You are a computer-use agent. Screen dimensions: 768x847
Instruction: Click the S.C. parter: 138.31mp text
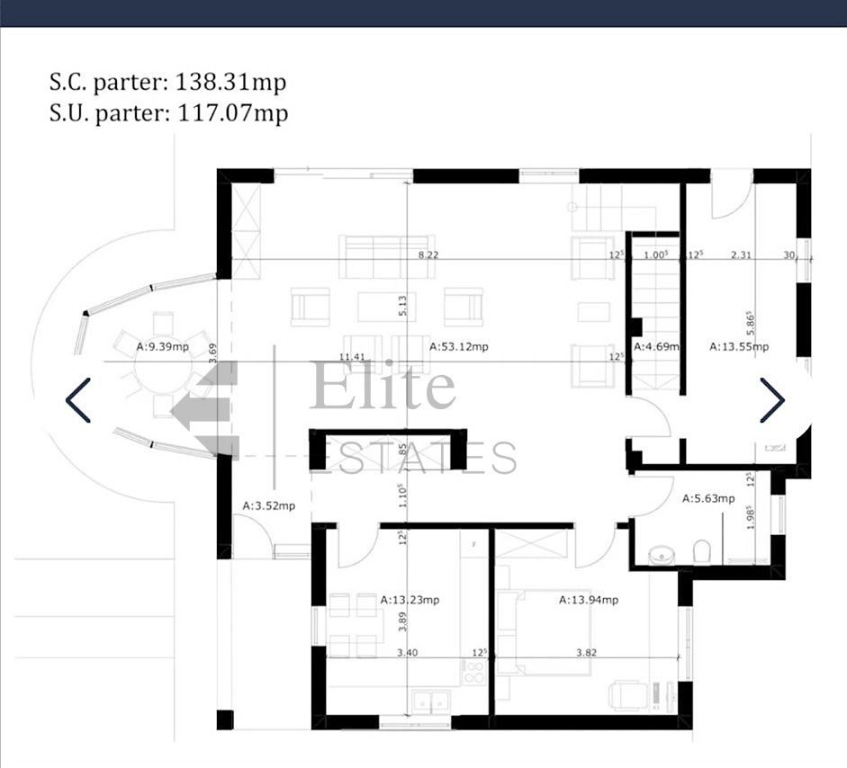tap(167, 83)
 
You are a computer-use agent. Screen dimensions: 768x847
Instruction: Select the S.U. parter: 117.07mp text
tap(168, 113)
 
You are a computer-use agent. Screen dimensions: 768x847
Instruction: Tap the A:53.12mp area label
tap(458, 346)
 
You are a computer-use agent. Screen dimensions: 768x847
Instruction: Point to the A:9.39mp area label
tap(162, 346)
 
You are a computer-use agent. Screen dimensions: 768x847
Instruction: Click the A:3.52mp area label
tap(268, 506)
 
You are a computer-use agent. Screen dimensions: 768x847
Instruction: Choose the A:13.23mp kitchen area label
tap(410, 599)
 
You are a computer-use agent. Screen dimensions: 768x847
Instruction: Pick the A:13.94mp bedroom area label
tap(589, 600)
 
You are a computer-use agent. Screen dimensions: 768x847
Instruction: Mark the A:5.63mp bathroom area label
tap(708, 498)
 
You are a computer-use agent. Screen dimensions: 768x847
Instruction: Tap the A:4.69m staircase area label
tap(655, 346)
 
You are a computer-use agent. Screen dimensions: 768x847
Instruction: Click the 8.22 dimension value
tap(428, 255)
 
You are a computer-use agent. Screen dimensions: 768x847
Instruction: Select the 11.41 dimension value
tap(355, 357)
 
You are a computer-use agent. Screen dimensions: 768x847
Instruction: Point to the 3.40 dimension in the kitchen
tap(406, 653)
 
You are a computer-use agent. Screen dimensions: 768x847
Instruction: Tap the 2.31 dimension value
tap(741, 255)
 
